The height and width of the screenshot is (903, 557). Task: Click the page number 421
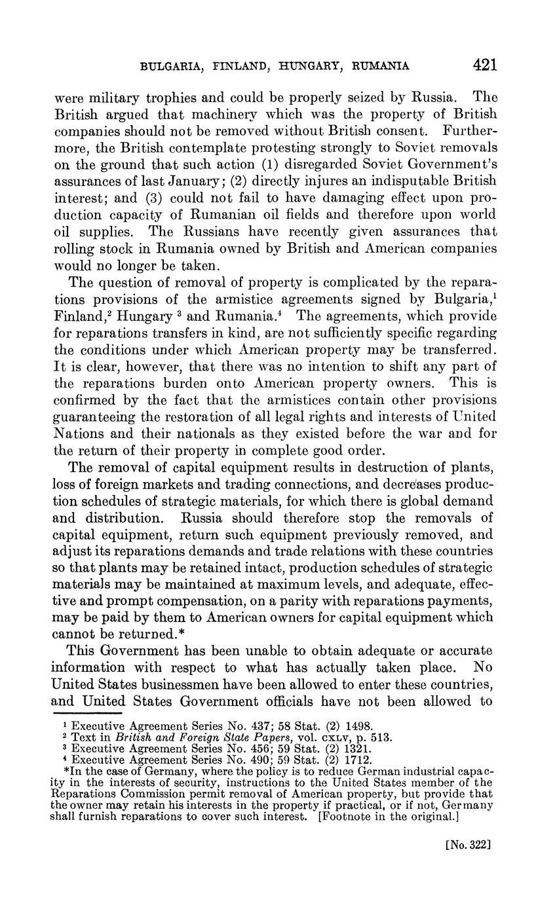pos(484,65)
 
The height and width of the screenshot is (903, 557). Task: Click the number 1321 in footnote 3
pos(356,748)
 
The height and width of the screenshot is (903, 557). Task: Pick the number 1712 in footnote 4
pos(357,760)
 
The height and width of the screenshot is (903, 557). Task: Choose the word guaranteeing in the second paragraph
pos(94,416)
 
